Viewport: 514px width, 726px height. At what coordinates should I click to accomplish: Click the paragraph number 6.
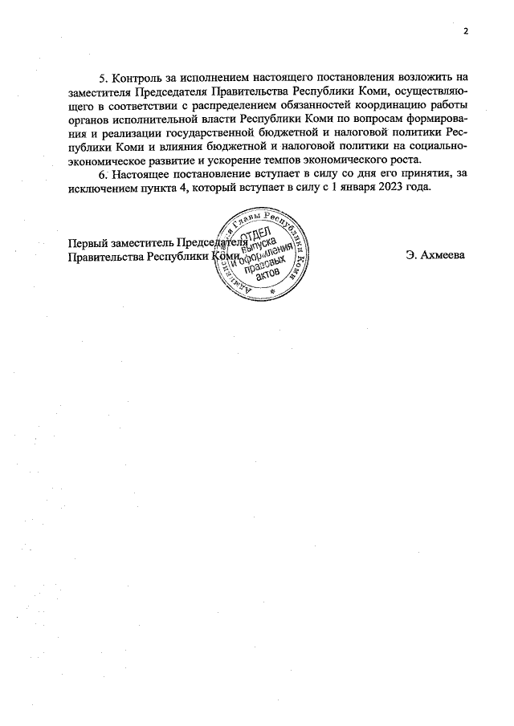click(102, 173)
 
